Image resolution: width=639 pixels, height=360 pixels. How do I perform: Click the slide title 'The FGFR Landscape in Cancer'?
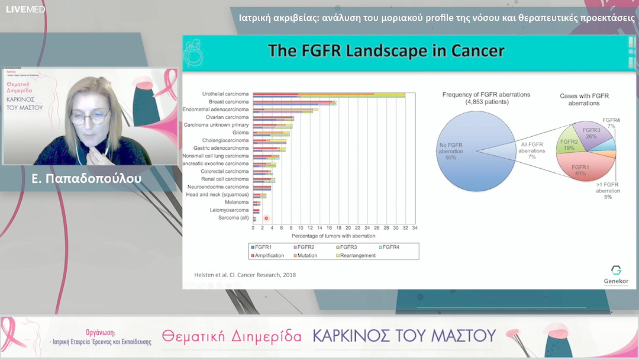click(x=386, y=50)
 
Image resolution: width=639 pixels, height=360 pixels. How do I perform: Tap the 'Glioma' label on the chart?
click(x=240, y=133)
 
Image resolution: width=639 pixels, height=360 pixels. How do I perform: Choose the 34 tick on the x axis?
click(x=415, y=228)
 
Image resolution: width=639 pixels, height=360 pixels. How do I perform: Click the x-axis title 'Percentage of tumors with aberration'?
click(x=334, y=236)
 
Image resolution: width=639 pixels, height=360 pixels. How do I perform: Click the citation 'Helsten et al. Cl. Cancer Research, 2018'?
click(x=245, y=275)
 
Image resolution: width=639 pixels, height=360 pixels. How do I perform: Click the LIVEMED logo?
click(x=25, y=9)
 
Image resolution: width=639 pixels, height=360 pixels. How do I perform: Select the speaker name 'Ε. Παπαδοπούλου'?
click(x=88, y=178)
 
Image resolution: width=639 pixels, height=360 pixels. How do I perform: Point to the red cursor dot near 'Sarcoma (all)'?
click(x=266, y=218)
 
